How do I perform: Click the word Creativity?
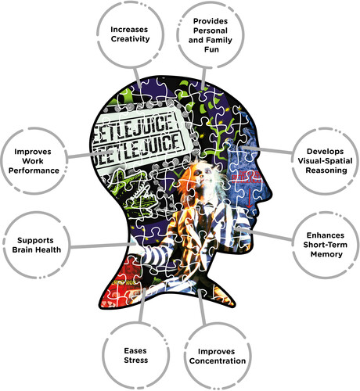[130, 39]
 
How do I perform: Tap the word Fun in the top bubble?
[211, 49]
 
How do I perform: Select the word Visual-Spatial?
[325, 161]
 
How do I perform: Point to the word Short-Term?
[325, 245]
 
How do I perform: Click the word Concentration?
[218, 361]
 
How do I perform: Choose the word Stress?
[135, 361]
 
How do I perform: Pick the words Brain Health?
[37, 249]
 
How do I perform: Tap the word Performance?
[34, 170]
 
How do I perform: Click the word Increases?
[129, 30]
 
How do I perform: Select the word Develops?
[325, 152]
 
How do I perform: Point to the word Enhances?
[326, 235]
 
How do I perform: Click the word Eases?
[135, 351]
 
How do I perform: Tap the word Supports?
[35, 240]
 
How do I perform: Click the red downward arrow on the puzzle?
[249, 199]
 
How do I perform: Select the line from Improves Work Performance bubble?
[91, 154]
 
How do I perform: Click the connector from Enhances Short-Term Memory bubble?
[264, 234]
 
